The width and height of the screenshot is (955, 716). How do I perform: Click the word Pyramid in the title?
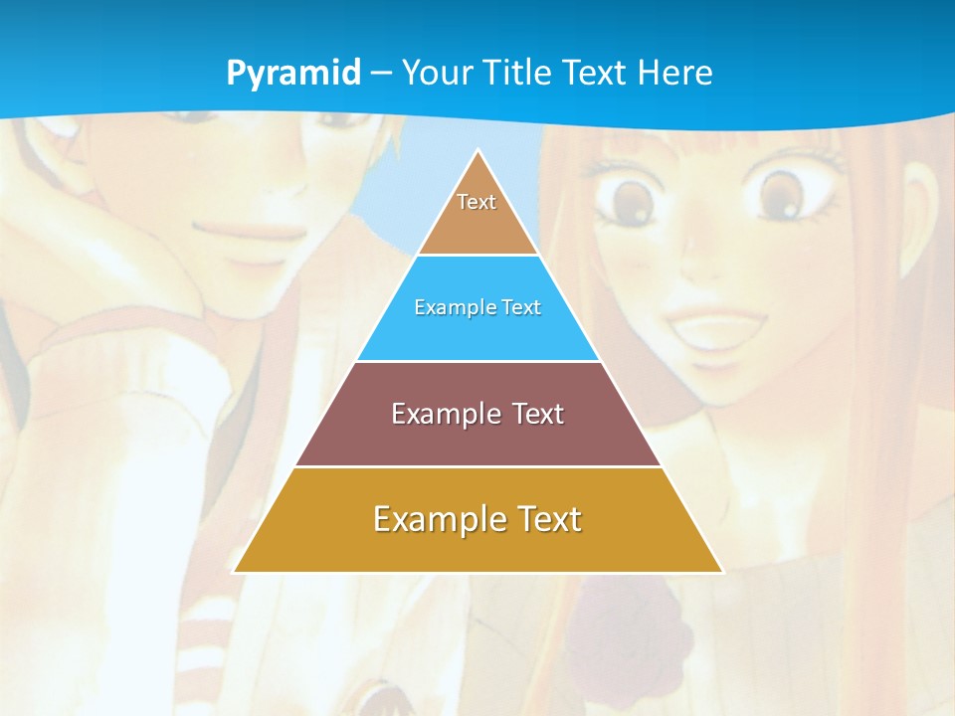click(292, 74)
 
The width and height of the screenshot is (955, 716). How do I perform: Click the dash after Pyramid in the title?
click(381, 74)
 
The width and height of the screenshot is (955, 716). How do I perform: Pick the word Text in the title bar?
click(596, 73)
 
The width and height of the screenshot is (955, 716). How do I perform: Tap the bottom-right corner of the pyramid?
click(721, 571)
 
